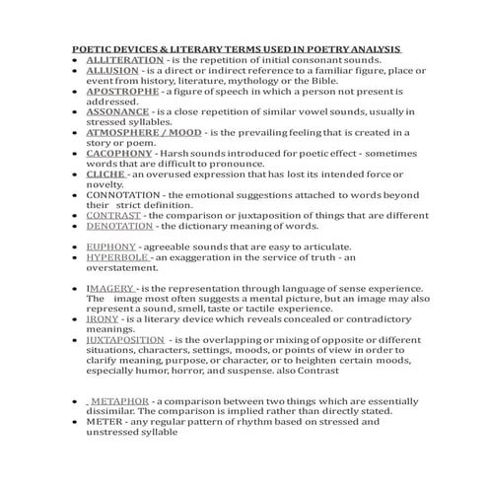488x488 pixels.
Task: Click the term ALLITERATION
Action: pos(121,60)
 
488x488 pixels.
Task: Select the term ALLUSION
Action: pos(111,71)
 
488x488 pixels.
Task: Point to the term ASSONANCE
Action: pos(116,112)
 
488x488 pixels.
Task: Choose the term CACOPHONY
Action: pos(118,154)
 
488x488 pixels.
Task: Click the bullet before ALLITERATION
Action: pos(75,60)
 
